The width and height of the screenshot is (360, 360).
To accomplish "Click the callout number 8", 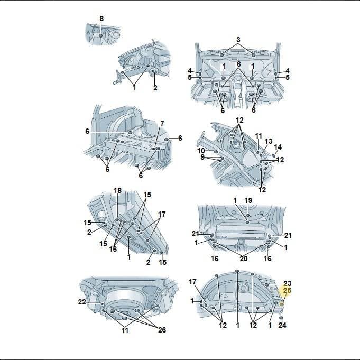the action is pos(101,19).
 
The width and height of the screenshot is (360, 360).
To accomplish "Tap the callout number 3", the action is pos(238,40).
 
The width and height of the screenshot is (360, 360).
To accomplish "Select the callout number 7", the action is pos(162,123).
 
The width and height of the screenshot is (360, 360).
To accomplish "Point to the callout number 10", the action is pos(201,151).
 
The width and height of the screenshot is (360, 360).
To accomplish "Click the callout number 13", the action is pos(269,141).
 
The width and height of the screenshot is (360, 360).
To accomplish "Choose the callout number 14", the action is pos(278,147).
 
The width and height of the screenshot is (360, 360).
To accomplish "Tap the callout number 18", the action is pos(117,190).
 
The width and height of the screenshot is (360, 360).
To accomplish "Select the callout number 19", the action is pos(248,200).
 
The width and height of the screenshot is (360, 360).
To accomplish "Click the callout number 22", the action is pos(82,302).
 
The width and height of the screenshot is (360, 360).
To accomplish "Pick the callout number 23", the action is pos(288,283).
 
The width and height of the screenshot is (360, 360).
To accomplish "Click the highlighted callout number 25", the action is pos(287,290).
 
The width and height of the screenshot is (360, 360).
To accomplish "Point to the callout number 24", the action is pos(282,325).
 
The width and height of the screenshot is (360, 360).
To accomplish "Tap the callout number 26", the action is pos(162,330).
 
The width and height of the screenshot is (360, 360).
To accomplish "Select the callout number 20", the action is pos(244,259).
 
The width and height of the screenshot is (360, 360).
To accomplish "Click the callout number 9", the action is pos(202,158).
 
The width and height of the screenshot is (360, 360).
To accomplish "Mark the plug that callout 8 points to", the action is pos(101,36).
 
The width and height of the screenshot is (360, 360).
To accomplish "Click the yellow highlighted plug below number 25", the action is pos(282,304).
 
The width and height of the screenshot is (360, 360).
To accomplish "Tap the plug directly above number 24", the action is pos(281,318).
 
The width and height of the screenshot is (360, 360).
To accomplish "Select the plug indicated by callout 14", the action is pos(273,155).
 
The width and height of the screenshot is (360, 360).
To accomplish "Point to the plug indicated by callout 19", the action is pos(248,215).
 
